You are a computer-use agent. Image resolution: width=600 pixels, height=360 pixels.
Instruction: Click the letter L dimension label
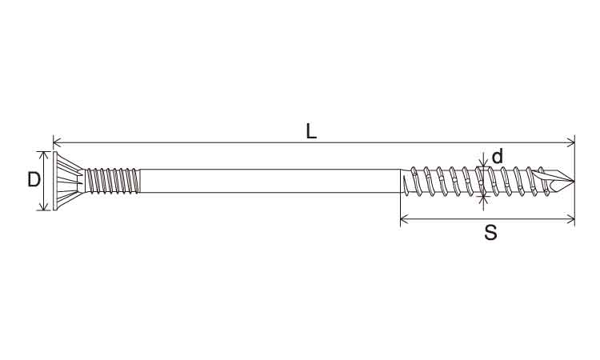tap(311, 132)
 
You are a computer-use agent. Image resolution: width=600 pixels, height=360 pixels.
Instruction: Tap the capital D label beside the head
tap(34, 179)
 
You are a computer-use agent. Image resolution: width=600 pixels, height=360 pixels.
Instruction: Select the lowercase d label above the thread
tap(497, 157)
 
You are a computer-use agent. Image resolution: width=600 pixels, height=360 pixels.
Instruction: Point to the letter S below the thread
tap(490, 232)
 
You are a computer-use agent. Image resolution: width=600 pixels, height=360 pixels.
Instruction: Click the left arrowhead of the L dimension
tap(56, 142)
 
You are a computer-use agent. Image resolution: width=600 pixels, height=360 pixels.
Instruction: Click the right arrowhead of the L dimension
tap(571, 142)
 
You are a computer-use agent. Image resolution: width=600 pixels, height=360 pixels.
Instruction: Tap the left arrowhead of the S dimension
tap(404, 219)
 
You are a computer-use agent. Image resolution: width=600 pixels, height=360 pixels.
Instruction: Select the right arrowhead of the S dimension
tap(571, 219)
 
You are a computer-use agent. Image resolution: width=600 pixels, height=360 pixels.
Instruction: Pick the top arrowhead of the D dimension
tap(45, 155)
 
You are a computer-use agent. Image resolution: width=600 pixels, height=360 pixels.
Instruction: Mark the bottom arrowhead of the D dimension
tap(45, 206)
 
